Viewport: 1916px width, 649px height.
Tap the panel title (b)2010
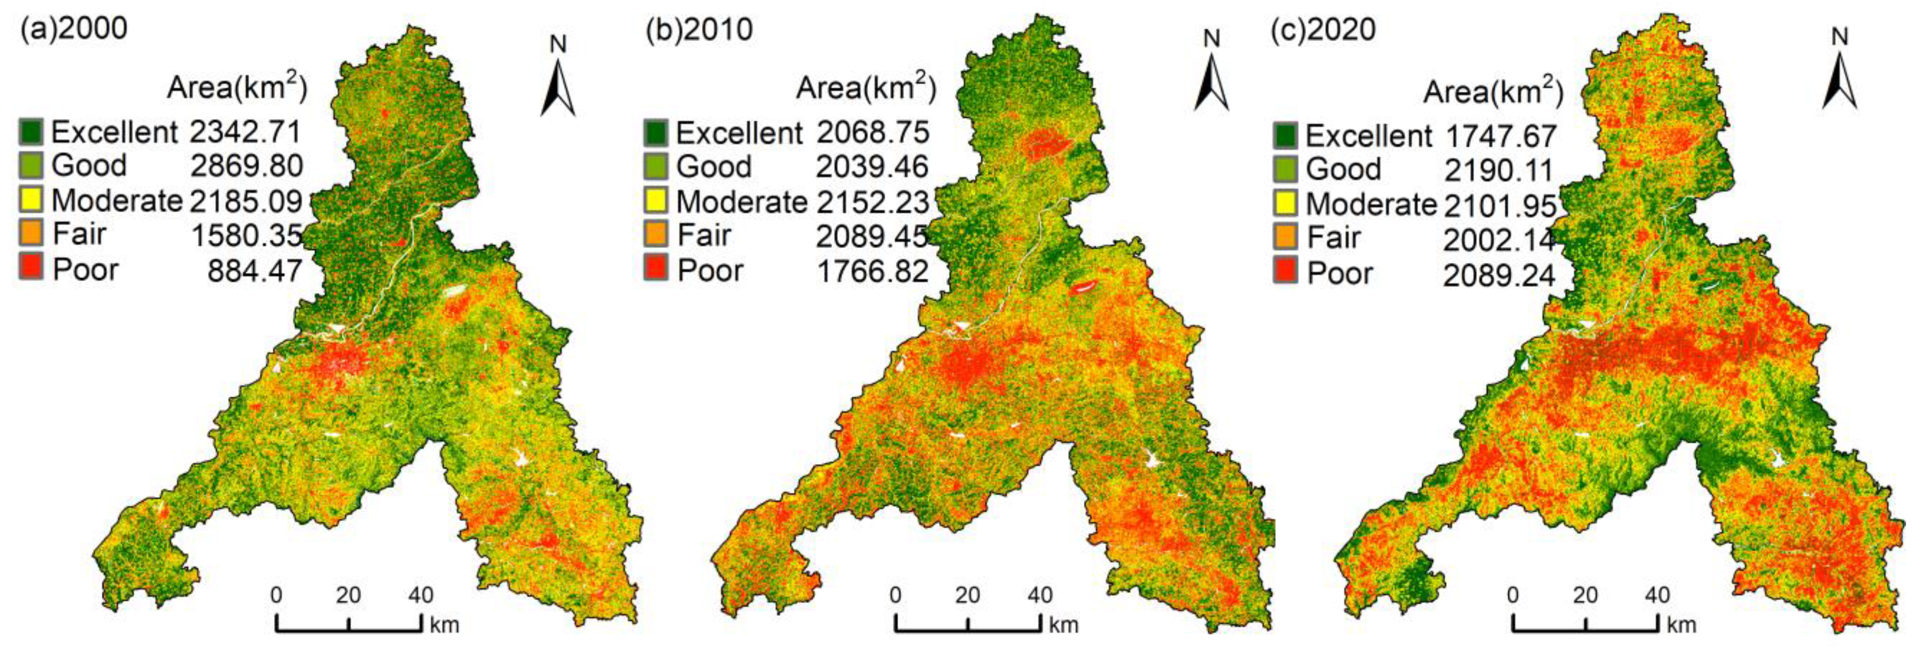699,30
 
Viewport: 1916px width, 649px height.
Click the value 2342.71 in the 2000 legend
245,132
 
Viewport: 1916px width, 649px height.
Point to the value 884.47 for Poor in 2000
255,270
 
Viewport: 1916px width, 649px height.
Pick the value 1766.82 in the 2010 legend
872,271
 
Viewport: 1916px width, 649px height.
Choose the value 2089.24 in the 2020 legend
1499,275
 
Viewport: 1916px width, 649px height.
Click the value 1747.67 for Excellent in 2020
1500,137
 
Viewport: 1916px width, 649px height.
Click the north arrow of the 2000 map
558,89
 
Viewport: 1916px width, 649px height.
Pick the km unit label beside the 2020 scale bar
1681,625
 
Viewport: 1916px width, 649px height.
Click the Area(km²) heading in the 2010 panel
866,88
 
